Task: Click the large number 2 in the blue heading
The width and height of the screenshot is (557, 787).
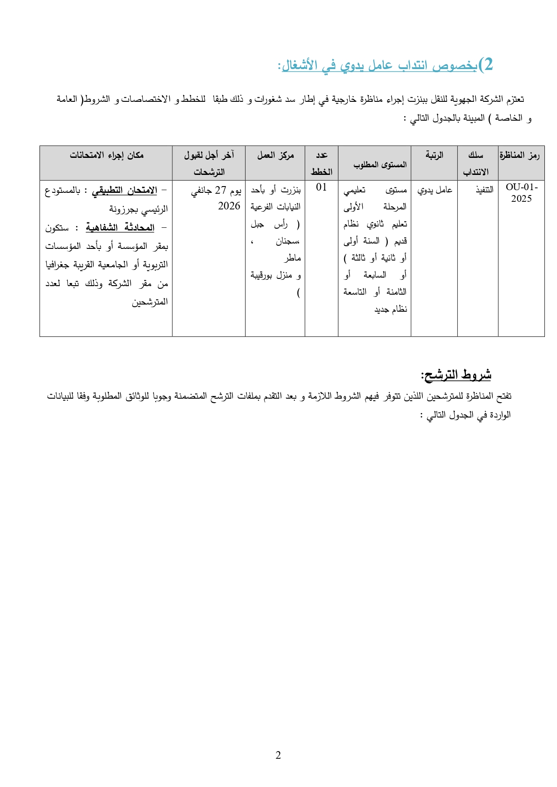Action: click(486, 65)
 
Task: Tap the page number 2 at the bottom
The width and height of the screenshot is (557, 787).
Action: click(278, 755)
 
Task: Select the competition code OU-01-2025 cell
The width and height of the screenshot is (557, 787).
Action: click(521, 193)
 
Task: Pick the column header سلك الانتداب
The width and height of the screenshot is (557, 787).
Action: click(476, 163)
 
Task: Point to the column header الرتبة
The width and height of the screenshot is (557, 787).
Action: click(434, 155)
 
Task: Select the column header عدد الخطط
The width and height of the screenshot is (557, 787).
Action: click(321, 163)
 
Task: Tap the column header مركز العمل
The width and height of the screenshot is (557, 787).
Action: click(275, 155)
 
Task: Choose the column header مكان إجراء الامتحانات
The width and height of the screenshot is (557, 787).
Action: click(106, 155)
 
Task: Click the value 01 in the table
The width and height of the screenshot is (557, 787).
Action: click(321, 187)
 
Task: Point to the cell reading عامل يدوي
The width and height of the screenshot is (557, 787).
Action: click(434, 190)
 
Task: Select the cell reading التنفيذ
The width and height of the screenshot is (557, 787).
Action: click(484, 190)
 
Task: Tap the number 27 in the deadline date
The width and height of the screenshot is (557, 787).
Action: click(220, 190)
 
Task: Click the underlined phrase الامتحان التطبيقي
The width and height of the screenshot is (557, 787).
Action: click(124, 191)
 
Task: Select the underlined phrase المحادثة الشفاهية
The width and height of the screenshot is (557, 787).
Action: click(120, 228)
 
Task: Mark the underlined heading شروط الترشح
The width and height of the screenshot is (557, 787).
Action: click(456, 374)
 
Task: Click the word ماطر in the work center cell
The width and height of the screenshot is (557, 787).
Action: click(292, 258)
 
